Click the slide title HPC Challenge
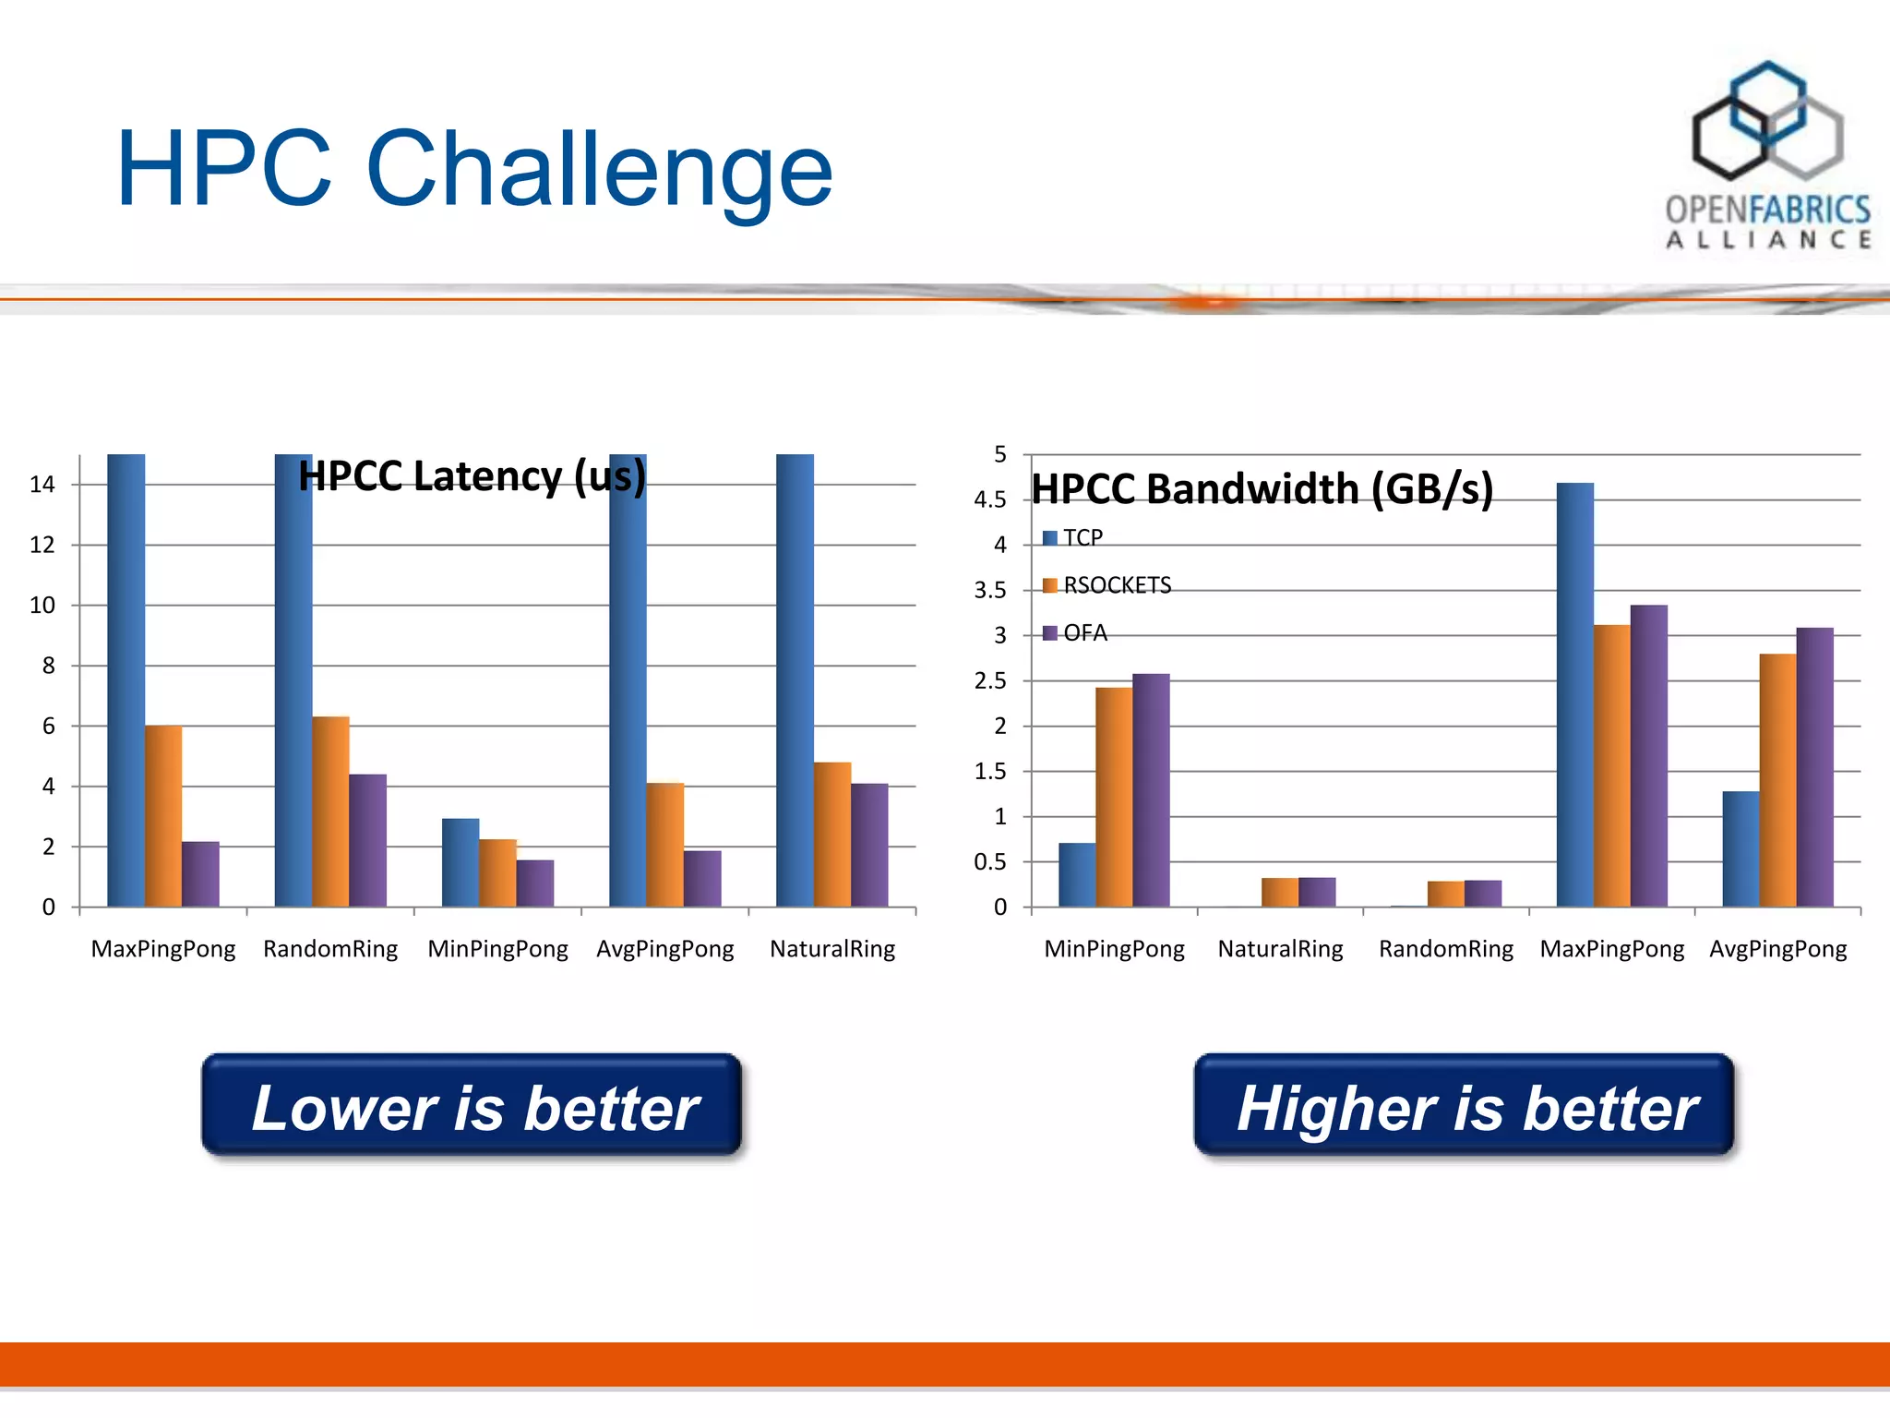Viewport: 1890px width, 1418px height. (474, 170)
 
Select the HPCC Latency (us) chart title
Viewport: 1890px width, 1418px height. (472, 477)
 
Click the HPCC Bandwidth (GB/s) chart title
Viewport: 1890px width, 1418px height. (1262, 489)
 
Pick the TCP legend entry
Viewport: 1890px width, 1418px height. (1075, 538)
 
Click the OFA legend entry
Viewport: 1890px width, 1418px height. (1078, 633)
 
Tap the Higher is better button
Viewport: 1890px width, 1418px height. (1464, 1105)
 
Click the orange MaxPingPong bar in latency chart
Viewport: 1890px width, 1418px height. (163, 816)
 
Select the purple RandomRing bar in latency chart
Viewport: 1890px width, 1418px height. (367, 840)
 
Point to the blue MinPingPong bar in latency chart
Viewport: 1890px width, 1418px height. (461, 862)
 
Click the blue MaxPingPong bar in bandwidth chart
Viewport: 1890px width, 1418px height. (1574, 694)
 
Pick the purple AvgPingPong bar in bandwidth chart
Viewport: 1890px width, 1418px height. (1814, 767)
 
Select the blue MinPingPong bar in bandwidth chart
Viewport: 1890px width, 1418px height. (1077, 874)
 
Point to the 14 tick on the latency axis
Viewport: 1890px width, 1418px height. (42, 485)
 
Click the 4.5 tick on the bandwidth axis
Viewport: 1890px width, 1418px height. (990, 500)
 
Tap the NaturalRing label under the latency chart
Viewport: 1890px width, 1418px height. (832, 949)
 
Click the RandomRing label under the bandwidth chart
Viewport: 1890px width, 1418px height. (1446, 949)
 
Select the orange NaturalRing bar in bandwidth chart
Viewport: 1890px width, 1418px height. (1280, 892)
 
